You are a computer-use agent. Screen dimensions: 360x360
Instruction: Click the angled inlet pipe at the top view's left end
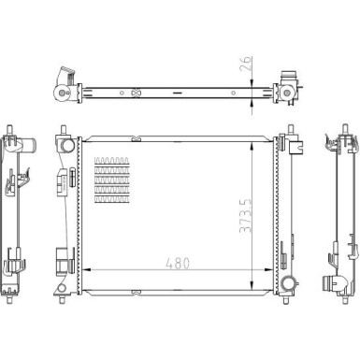[65, 77]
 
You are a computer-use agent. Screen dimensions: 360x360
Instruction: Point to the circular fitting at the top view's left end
[62, 94]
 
